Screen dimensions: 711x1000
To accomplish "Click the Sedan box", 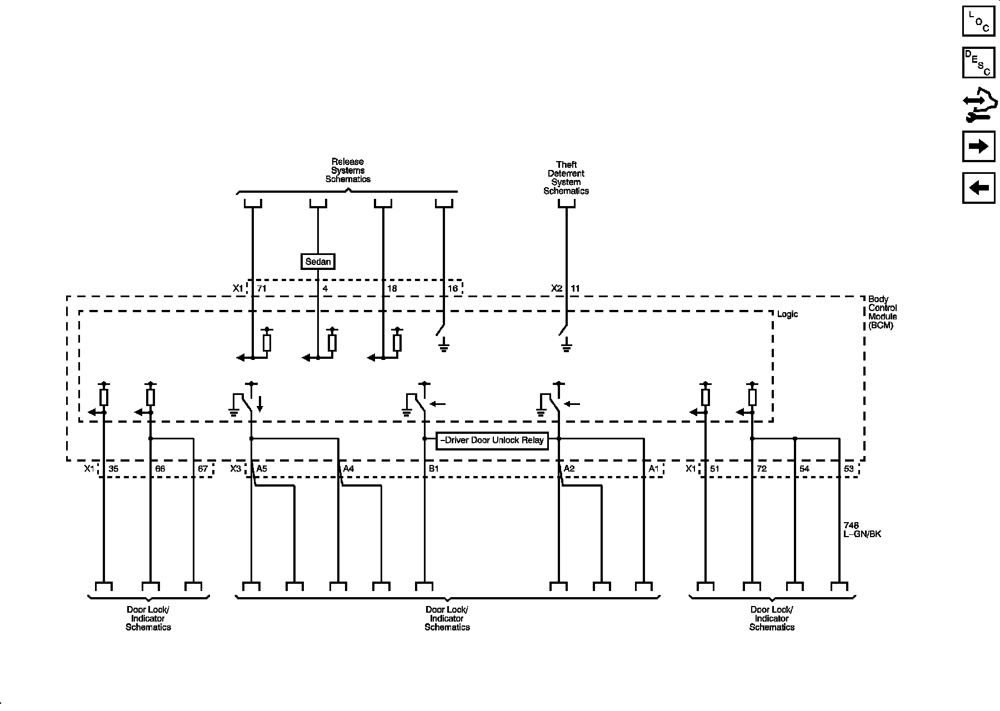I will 318,262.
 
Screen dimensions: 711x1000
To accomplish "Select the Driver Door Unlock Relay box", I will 492,440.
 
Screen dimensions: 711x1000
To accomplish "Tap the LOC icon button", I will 978,21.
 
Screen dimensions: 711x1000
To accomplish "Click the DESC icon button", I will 978,62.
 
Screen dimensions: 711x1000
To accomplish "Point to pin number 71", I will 262,288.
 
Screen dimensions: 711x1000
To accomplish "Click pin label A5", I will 261,469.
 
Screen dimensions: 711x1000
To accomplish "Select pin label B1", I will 433,469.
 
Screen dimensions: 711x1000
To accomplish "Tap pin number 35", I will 113,469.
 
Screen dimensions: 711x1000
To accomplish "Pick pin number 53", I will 848,469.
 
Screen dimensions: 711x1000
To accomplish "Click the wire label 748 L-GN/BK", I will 862,530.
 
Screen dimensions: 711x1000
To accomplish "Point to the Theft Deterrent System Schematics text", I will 566,178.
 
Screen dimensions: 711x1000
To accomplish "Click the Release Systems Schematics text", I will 348,171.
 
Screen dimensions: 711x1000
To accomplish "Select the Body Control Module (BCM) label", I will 882,312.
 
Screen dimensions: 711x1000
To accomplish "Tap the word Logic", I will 787,314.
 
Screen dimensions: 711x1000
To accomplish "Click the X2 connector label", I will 557,288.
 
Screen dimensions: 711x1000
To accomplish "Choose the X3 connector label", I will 236,469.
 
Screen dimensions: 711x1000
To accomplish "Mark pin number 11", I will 575,288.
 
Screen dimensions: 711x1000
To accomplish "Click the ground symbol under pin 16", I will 443,348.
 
